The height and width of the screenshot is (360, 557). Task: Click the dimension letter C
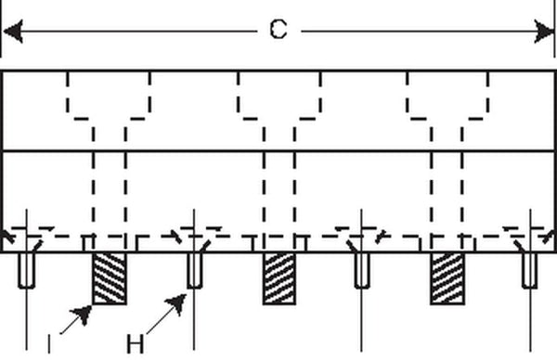pyautogui.click(x=278, y=29)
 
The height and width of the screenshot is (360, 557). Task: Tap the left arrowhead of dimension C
pyautogui.click(x=13, y=32)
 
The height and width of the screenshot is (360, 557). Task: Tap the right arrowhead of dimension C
pyautogui.click(x=544, y=32)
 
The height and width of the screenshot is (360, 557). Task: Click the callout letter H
pyautogui.click(x=136, y=344)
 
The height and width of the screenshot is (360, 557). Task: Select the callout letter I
pyautogui.click(x=49, y=344)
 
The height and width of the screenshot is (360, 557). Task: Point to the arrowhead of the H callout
pyautogui.click(x=176, y=304)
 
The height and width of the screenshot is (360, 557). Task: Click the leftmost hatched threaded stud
pyautogui.click(x=110, y=278)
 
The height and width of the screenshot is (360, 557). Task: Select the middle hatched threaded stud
pyautogui.click(x=279, y=278)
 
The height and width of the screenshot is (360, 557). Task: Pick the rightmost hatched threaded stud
pyautogui.click(x=447, y=278)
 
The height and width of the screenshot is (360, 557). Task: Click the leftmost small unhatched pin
pyautogui.click(x=27, y=270)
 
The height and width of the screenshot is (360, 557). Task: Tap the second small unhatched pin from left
pyautogui.click(x=195, y=270)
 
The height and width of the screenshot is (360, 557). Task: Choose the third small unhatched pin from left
pyautogui.click(x=362, y=270)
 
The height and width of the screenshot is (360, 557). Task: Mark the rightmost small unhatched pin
pyautogui.click(x=530, y=270)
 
